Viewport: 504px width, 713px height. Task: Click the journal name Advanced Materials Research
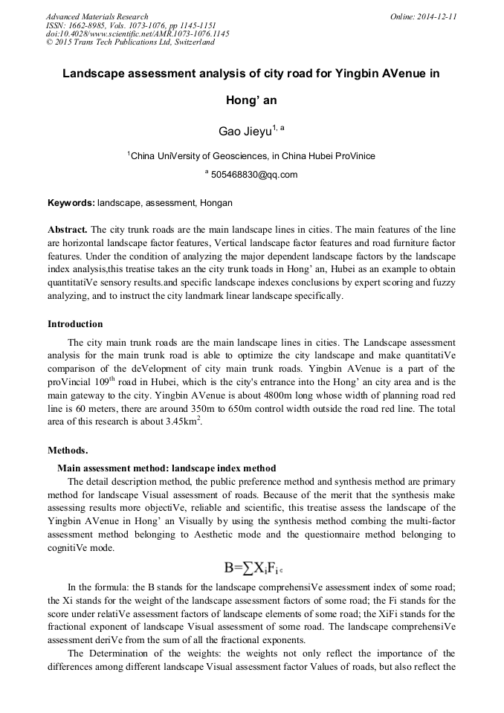click(97, 16)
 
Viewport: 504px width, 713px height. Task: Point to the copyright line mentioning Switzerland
click(130, 42)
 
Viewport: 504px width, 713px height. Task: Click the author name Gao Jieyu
click(244, 132)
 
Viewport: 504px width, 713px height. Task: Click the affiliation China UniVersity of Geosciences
click(198, 156)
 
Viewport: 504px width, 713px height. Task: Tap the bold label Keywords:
click(71, 203)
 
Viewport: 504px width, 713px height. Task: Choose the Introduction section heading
click(75, 324)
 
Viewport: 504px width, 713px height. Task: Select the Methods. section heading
click(68, 451)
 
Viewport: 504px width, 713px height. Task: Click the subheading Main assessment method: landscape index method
click(167, 468)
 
